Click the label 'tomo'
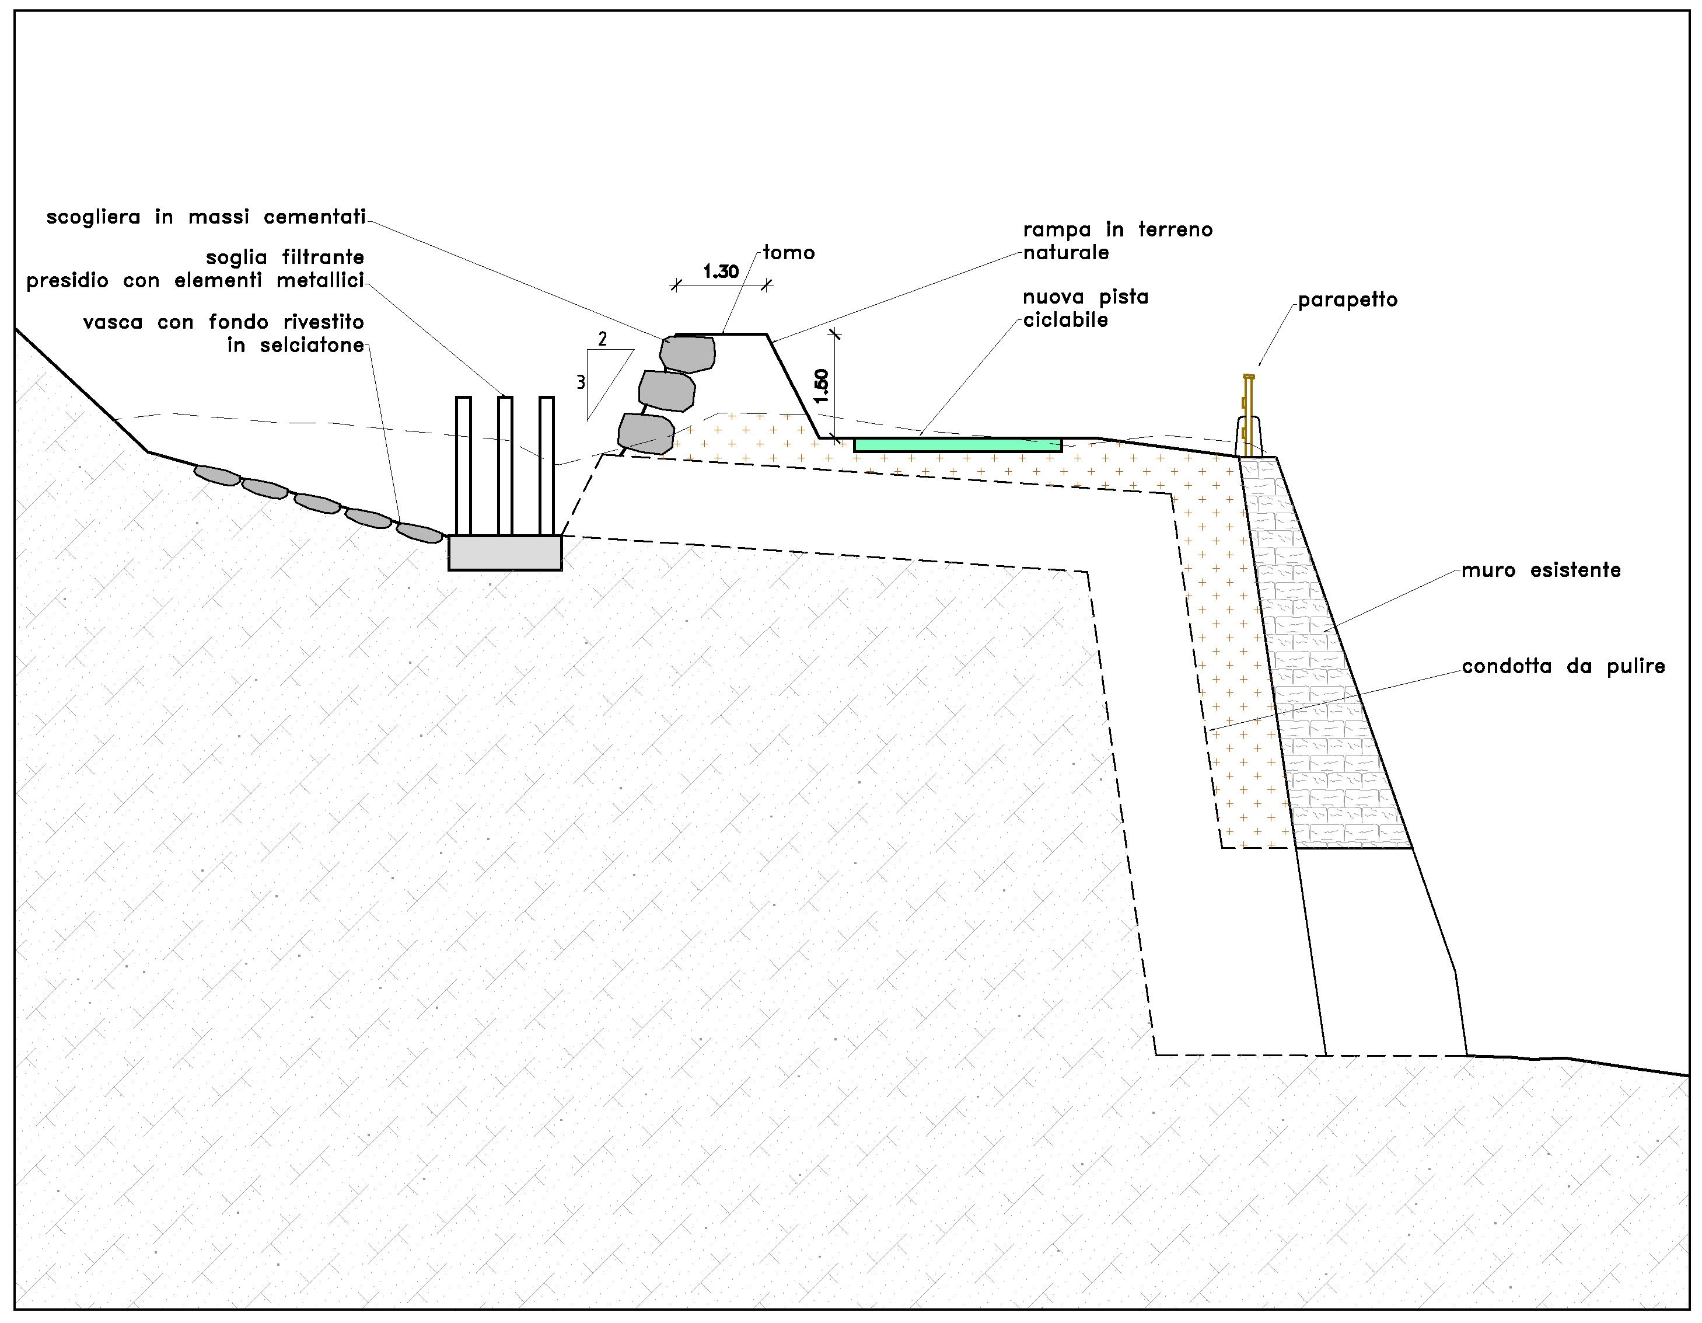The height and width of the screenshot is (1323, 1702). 789,253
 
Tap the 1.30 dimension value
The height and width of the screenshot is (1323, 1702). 721,272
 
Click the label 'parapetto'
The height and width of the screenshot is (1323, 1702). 1347,300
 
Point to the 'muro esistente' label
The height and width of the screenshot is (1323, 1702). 1541,570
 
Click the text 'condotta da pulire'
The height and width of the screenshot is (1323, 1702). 1563,667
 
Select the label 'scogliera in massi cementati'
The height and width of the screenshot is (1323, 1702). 206,218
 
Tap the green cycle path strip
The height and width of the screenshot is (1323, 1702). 957,445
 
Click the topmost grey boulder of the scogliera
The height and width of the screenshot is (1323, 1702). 687,353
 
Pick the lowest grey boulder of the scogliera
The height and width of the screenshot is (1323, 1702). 646,433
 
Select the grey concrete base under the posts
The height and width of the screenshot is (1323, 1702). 505,553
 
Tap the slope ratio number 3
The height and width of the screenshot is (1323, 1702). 581,383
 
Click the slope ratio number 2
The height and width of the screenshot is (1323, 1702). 602,339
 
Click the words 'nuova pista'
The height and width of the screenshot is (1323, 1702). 1086,298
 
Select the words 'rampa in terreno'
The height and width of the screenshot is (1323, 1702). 1117,231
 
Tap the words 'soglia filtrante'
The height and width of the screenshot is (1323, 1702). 285,258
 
